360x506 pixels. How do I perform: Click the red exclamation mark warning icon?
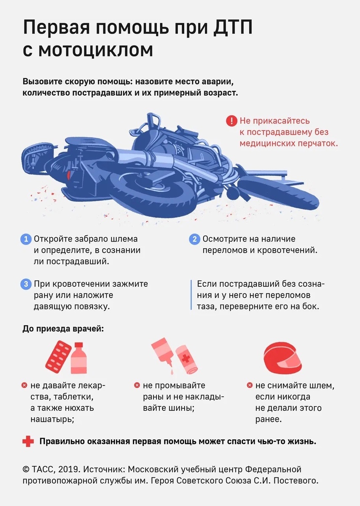click(232, 121)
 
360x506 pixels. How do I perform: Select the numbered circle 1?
click(26, 239)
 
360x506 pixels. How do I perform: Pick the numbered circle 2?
click(194, 239)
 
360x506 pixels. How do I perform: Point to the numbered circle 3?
click(26, 284)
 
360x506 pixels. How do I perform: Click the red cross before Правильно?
click(28, 441)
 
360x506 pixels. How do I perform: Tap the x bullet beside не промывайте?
click(137, 385)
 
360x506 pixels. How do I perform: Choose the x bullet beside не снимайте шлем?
click(250, 385)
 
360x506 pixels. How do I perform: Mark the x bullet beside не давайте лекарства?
click(24, 385)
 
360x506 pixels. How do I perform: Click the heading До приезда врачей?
click(63, 329)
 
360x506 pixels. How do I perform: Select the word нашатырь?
click(52, 419)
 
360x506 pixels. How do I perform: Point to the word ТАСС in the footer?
click(41, 469)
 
